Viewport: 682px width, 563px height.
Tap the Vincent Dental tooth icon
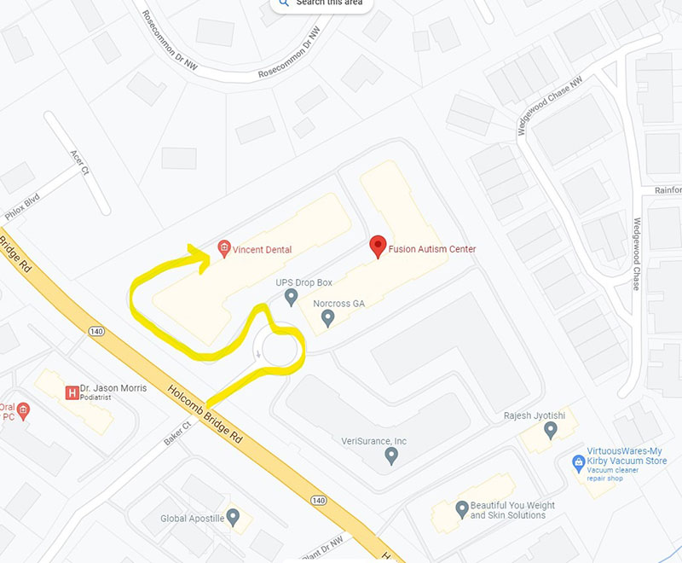(224, 249)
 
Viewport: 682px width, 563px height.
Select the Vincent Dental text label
(262, 250)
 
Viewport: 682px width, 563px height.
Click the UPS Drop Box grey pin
(291, 297)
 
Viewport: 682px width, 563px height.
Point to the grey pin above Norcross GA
(327, 318)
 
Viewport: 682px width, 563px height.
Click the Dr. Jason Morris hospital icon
(72, 392)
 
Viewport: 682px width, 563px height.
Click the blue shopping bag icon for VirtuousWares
(578, 461)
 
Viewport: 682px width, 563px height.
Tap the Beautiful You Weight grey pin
(462, 509)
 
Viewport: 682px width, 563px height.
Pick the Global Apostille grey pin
(233, 517)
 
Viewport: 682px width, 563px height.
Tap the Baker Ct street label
(177, 436)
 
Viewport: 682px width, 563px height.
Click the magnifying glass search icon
(283, 3)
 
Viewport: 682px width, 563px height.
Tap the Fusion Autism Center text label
(432, 249)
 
